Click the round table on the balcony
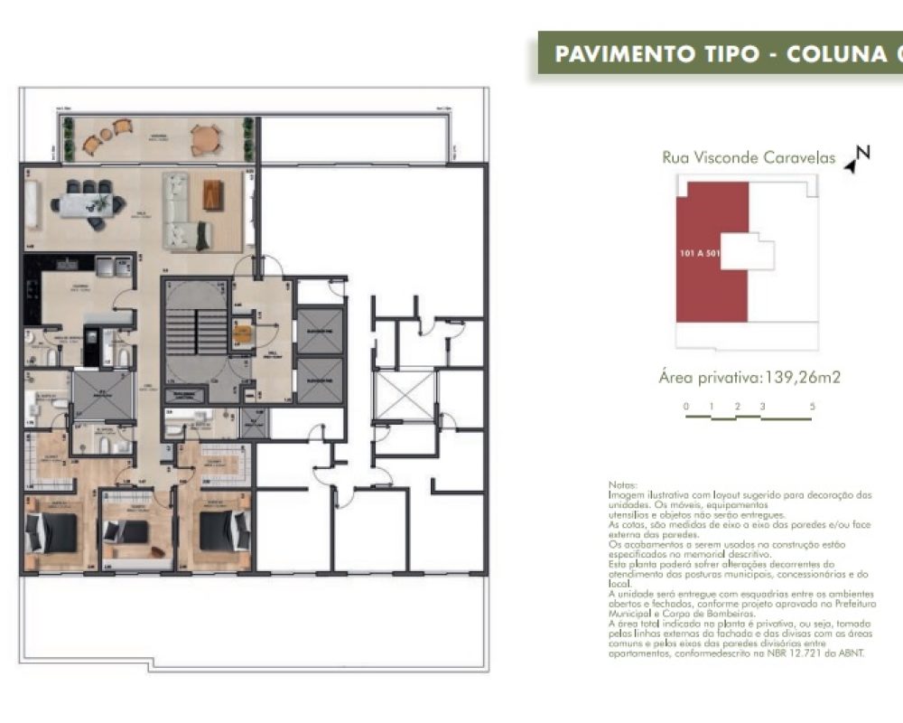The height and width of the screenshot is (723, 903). tap(205, 140)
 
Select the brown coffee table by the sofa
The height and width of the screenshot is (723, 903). tap(212, 194)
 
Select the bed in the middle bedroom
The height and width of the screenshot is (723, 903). tap(126, 532)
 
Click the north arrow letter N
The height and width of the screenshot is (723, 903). tap(862, 153)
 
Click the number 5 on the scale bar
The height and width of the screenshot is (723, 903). tap(812, 407)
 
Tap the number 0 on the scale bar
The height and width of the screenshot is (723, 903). tap(686, 407)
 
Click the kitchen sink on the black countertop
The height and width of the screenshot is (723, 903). tap(65, 266)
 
